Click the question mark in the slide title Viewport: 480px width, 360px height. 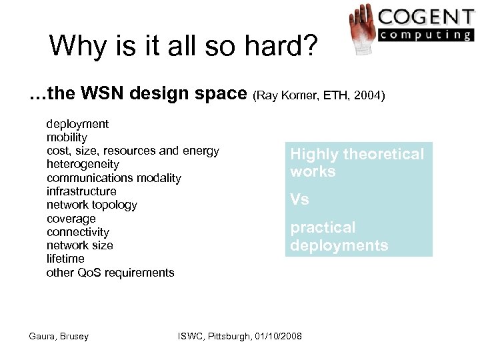pyautogui.click(x=311, y=46)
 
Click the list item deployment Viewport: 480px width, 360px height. pyautogui.click(x=77, y=124)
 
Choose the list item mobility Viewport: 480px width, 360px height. pyautogui.click(x=67, y=137)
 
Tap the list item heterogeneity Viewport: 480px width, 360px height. pyautogui.click(x=83, y=164)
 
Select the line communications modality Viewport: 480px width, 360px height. pyautogui.click(x=113, y=178)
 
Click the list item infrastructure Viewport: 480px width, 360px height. pyautogui.click(x=81, y=191)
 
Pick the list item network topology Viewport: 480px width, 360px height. pyautogui.click(x=91, y=205)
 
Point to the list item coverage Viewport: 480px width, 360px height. pyautogui.click(x=71, y=219)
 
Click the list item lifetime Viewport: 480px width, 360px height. pyautogui.click(x=65, y=259)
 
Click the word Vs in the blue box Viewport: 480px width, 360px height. pyautogui.click(x=299, y=199)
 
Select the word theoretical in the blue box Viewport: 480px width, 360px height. pyautogui.click(x=383, y=155)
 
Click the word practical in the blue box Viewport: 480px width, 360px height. pyautogui.click(x=323, y=228)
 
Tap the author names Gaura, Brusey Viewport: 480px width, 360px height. pyautogui.click(x=59, y=336)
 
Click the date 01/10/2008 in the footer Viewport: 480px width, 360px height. pyautogui.click(x=274, y=336)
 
